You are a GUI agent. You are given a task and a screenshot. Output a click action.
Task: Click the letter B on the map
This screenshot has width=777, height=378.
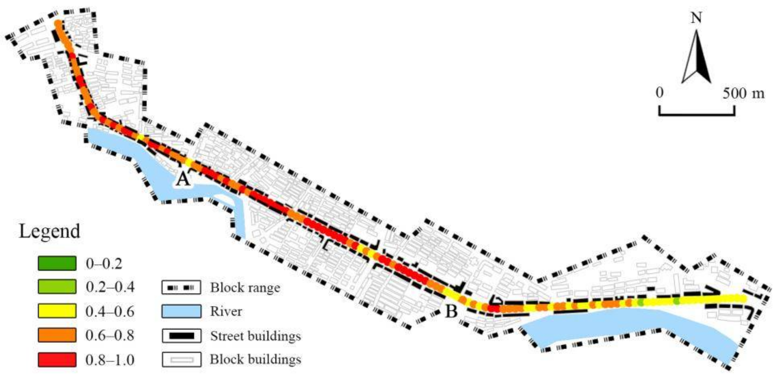click(x=451, y=312)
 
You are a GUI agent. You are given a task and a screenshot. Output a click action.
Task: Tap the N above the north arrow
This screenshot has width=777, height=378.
click(x=696, y=18)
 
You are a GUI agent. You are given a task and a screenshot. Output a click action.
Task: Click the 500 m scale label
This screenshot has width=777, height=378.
click(x=743, y=93)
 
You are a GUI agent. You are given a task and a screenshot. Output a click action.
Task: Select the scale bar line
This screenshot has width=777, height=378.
click(x=696, y=114)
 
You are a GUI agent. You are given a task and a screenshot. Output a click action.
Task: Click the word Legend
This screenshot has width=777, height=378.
click(x=50, y=232)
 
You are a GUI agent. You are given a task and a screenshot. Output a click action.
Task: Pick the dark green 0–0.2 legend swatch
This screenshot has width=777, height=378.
click(x=57, y=263)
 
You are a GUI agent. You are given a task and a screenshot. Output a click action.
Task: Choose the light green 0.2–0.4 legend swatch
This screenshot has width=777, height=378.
click(x=57, y=287)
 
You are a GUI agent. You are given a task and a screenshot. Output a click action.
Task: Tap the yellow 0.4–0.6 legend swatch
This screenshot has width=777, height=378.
click(x=57, y=311)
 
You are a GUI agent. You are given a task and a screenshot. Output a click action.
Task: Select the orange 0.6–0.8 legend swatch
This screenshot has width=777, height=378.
click(x=57, y=335)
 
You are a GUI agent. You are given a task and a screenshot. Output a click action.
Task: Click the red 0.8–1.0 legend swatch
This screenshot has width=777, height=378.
click(x=57, y=360)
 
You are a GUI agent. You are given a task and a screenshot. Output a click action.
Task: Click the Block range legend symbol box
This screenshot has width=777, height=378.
click(x=181, y=287)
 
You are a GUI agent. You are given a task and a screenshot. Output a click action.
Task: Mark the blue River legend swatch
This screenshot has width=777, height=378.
click(x=181, y=311)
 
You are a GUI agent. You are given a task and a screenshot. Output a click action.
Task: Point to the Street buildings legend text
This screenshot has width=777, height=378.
click(x=255, y=336)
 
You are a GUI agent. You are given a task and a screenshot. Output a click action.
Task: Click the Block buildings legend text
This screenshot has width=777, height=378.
click(x=255, y=360)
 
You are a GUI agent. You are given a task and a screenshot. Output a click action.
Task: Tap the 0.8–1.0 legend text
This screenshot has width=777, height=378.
click(x=110, y=360)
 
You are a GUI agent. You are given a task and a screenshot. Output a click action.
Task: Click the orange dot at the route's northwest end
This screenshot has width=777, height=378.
click(x=58, y=24)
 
